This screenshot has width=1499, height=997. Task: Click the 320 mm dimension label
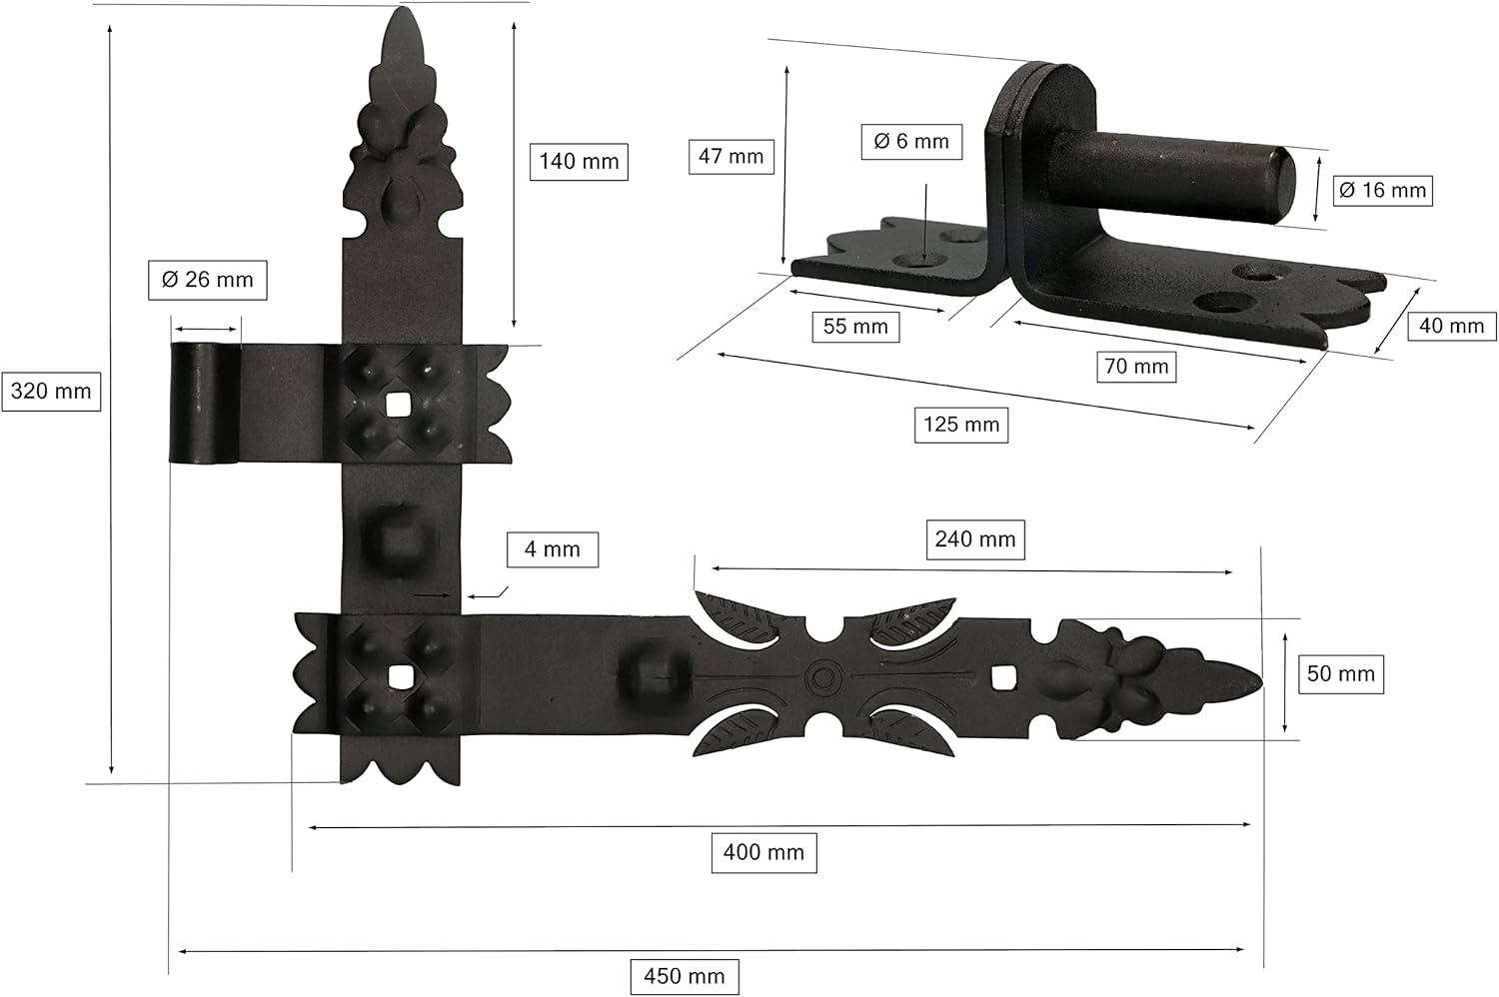pos(51,391)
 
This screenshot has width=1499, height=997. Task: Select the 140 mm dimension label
pos(579,161)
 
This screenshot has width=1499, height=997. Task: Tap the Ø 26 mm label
pos(208,280)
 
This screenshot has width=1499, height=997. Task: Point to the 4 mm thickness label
pos(552,549)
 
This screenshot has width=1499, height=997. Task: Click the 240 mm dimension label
pos(975,539)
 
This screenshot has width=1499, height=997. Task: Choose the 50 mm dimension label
pos(1340,673)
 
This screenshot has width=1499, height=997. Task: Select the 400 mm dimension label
pos(763,852)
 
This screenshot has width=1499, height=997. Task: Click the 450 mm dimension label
pos(684,976)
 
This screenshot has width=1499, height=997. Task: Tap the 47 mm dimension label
pos(731,157)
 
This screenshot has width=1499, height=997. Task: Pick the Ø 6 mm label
pos(911,141)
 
